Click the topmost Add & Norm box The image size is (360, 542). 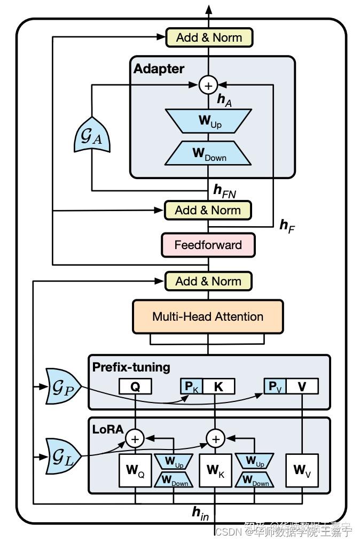(x=208, y=37)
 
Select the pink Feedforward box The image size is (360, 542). (x=208, y=245)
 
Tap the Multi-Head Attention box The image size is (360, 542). (x=208, y=316)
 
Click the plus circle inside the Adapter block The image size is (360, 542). (x=208, y=85)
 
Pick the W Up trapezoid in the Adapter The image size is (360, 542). (x=208, y=120)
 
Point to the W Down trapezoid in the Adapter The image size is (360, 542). (x=208, y=153)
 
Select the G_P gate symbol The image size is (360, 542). (x=63, y=386)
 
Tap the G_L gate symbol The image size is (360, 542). (x=63, y=456)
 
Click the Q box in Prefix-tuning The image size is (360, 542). (x=135, y=386)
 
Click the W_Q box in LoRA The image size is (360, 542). (x=135, y=471)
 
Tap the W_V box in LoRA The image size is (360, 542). (x=302, y=471)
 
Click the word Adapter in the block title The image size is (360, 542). (x=159, y=69)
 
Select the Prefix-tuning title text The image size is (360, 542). (x=131, y=367)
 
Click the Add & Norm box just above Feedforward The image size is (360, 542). (x=208, y=210)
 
